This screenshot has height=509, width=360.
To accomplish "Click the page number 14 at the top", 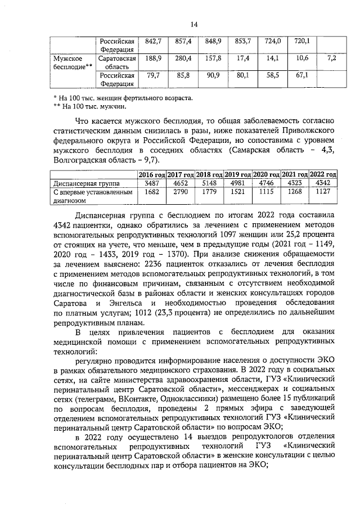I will (x=194, y=24).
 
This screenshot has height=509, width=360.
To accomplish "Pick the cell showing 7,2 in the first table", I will (x=331, y=58).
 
